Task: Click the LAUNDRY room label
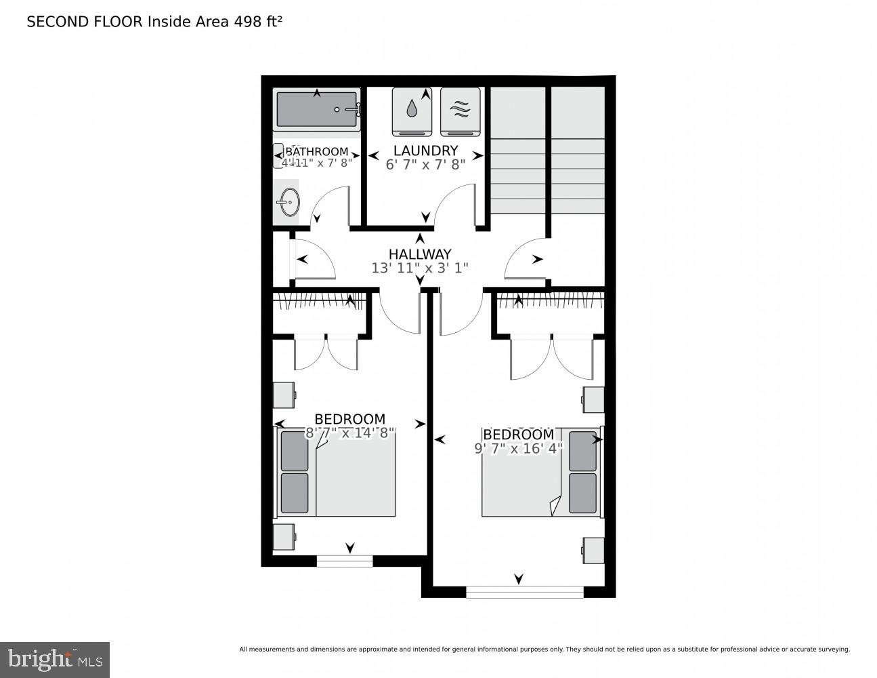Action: [x=425, y=151]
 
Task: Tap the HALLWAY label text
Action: [x=419, y=254]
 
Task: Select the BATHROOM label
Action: [x=317, y=151]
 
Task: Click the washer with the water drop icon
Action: [x=412, y=111]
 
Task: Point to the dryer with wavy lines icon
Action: [x=460, y=111]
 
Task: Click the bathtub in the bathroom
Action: [x=317, y=109]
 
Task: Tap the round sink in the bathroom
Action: [x=288, y=202]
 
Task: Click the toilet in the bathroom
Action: [x=278, y=155]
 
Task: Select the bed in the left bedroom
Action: [x=337, y=472]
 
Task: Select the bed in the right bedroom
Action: [x=540, y=472]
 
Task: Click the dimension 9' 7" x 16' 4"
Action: [x=518, y=448]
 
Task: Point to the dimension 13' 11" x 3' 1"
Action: [x=419, y=268]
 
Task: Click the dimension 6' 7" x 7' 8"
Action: [x=425, y=165]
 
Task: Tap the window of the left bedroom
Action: [x=345, y=560]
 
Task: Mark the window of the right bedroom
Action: [x=525, y=592]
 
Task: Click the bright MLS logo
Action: [x=54, y=659]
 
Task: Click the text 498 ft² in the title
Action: [x=257, y=22]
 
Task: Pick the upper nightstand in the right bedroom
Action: [x=593, y=399]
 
